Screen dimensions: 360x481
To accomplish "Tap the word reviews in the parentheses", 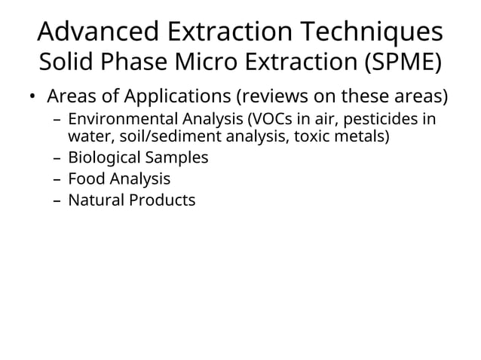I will tap(273, 99).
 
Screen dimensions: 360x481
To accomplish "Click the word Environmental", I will tap(114, 121).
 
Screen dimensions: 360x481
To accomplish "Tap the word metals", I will tap(365, 137).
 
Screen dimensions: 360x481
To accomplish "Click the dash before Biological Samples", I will tap(58, 159).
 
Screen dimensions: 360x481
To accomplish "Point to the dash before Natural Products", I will tap(58, 201).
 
